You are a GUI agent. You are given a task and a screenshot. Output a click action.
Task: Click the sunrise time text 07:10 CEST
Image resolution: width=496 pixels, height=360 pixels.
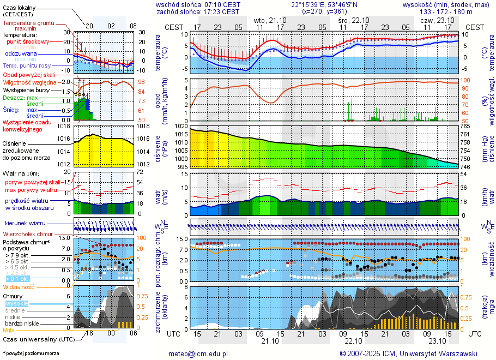221,4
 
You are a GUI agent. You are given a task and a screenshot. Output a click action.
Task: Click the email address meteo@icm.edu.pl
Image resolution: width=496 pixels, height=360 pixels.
198,353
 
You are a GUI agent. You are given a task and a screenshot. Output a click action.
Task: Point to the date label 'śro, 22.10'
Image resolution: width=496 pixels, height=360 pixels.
353,20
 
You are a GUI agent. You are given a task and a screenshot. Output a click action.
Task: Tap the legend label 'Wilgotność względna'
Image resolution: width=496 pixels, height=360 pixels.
29,82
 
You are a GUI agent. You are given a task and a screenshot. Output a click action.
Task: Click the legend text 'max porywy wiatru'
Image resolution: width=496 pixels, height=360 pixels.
31,190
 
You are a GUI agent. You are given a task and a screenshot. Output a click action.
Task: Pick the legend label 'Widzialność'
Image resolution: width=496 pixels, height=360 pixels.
19,286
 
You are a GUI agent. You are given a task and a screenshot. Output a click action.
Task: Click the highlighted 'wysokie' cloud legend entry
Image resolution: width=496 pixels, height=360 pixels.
16,303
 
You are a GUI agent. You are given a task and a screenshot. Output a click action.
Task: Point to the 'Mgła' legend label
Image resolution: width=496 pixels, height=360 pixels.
9,330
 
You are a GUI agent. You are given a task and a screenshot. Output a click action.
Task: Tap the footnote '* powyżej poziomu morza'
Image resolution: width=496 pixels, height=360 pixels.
31,353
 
